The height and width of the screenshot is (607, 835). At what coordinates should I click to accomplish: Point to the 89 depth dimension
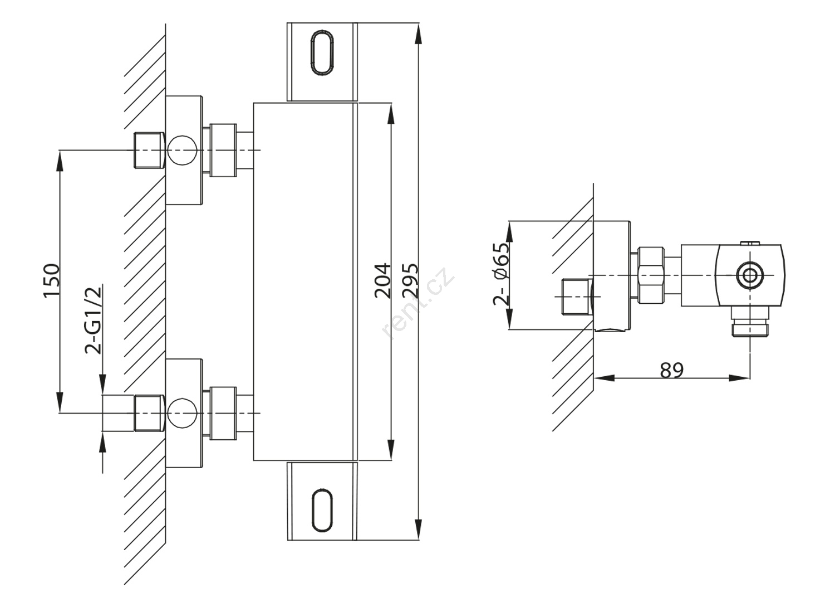point(672,370)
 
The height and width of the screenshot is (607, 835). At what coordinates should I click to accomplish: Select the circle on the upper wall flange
point(183,150)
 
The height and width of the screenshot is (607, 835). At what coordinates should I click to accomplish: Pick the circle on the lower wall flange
point(183,413)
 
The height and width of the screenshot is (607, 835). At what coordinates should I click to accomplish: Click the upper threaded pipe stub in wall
point(149,150)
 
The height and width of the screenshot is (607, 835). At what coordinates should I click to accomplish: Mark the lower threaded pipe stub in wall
point(149,413)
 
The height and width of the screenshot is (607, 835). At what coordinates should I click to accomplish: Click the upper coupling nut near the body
point(224,150)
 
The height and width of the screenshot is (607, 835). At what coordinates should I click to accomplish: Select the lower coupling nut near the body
point(224,413)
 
